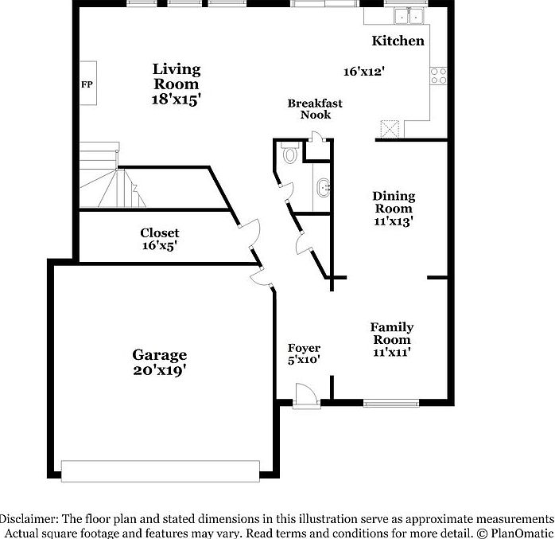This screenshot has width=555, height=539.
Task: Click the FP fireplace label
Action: coord(86,83)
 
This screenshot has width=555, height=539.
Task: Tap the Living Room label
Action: coord(176,76)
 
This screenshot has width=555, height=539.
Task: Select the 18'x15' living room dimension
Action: coord(176,100)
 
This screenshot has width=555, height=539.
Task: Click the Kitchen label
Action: coord(398,41)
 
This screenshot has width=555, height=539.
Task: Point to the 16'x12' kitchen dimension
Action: coord(364,72)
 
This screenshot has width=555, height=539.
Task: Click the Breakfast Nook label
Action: coord(315,109)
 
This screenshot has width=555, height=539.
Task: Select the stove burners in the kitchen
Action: coord(438,76)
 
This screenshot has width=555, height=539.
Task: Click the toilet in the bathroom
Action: coord(289,153)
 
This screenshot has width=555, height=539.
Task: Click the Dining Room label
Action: coord(394,202)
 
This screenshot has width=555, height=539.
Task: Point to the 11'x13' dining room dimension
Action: coord(394,222)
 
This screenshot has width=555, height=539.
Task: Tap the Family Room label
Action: coord(391,334)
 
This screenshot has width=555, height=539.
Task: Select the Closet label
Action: coord(160,233)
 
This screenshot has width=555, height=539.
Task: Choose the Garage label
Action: coord(159,355)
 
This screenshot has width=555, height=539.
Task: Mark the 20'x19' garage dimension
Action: coord(159,369)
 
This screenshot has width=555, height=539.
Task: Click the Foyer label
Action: coord(304,348)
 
